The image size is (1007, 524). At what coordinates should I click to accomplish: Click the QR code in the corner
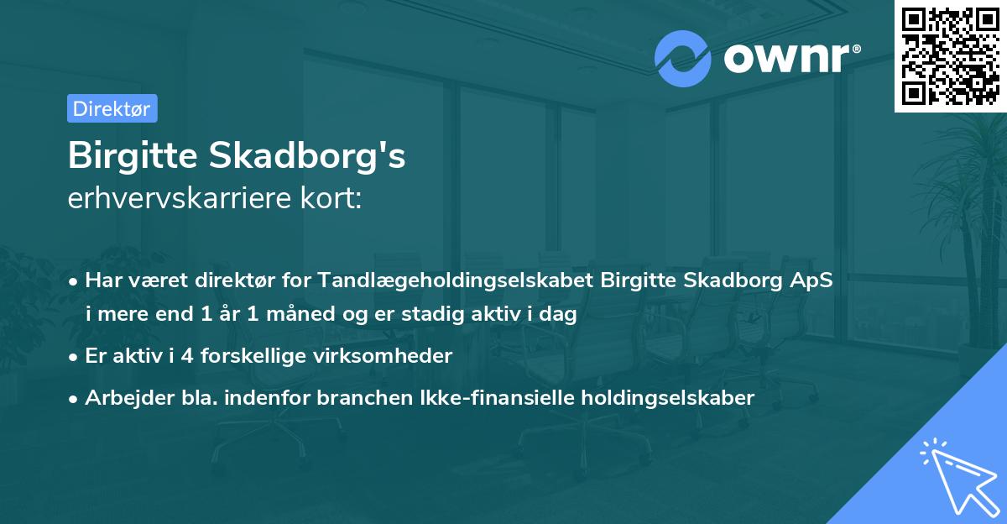point(950,55)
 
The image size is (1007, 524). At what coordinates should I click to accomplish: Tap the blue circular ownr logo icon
point(682,59)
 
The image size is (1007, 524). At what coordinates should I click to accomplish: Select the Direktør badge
point(112,108)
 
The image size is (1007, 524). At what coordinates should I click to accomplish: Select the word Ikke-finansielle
point(444,397)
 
